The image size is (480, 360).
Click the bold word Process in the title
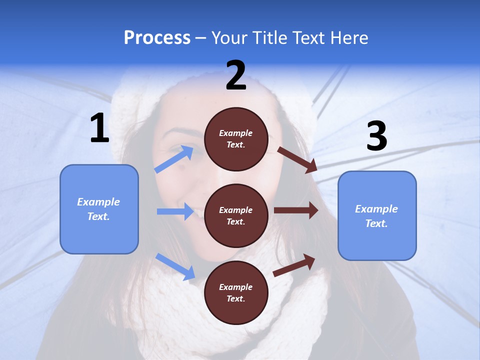coord(157,38)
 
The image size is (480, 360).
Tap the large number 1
coord(99,128)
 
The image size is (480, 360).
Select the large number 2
coord(236,75)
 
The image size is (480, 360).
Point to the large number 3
coord(376,136)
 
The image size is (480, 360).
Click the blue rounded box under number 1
coord(99,209)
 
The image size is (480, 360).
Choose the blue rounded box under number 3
coord(377,215)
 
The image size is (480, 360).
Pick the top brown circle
coord(236,139)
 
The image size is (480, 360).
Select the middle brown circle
coord(236,215)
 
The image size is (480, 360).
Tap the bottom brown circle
coord(236,292)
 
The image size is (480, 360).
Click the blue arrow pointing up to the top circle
coord(174,159)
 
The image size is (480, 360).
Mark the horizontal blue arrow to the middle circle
coord(175,211)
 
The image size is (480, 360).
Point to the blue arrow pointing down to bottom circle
coord(175,266)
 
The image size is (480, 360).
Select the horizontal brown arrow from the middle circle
coord(295,210)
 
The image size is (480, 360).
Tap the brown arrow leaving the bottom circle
coord(294,265)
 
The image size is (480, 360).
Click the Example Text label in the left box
coord(98,209)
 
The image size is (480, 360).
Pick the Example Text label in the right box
coord(376,216)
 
